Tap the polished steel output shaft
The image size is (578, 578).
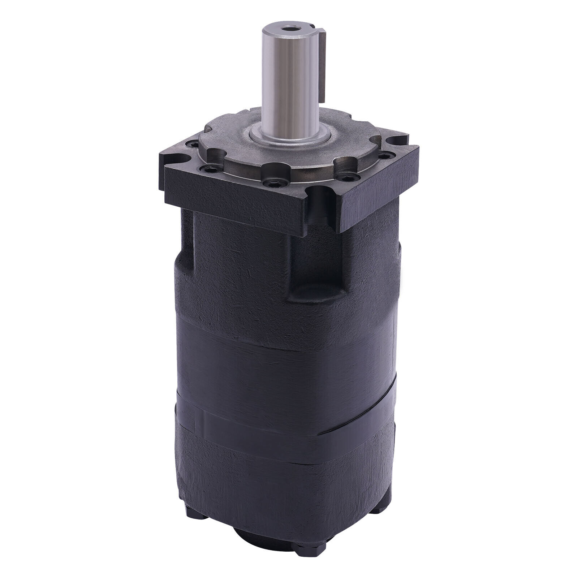289,83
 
